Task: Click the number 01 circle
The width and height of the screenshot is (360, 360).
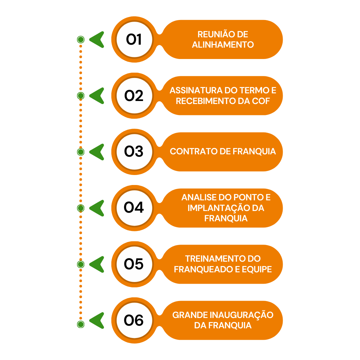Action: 134,40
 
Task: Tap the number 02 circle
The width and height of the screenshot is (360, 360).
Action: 134,96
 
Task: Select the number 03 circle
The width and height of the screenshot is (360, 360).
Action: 134,152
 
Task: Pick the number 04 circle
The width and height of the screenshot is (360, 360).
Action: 134,208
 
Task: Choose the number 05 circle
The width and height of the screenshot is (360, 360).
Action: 134,264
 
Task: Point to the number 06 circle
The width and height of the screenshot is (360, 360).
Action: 134,321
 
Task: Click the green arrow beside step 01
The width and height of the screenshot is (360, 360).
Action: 97,40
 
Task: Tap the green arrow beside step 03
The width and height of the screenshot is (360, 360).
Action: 97,152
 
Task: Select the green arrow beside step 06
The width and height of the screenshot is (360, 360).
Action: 97,321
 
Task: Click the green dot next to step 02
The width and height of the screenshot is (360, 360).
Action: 81,96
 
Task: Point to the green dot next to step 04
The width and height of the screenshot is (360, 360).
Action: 81,208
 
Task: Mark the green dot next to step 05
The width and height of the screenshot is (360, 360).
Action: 81,264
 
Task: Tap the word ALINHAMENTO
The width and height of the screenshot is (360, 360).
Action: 223,45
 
